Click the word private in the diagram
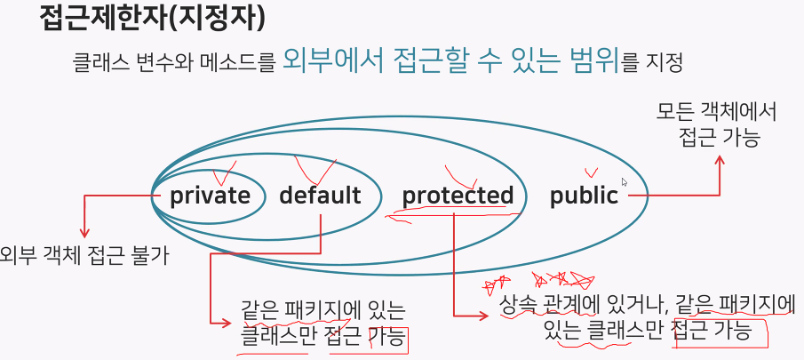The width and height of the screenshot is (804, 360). [x=211, y=196]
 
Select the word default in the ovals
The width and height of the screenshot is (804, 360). [x=320, y=196]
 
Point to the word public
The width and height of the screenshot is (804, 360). [x=584, y=196]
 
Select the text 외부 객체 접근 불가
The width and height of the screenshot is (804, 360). [x=84, y=256]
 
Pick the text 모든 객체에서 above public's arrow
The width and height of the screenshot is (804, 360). [x=717, y=113]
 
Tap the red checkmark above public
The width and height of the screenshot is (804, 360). [x=591, y=172]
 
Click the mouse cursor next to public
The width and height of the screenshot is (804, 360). [x=625, y=182]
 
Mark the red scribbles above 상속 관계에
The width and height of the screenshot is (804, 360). [x=542, y=283]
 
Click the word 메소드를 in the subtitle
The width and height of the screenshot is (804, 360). [x=237, y=64]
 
